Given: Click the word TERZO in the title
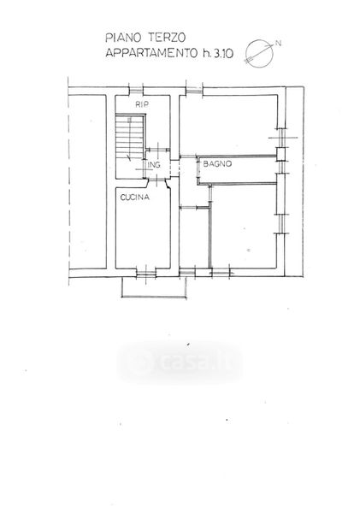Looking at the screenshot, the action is [167, 38].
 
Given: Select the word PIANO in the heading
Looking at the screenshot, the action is [123, 38].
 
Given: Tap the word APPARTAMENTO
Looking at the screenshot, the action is [151, 53].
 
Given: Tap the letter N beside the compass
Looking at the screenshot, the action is [279, 44].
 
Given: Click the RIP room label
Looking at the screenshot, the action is [142, 104].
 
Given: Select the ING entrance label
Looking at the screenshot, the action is [154, 165].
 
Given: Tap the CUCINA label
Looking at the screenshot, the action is [135, 198].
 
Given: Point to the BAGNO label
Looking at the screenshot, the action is [217, 164].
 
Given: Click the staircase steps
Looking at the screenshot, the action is [130, 137].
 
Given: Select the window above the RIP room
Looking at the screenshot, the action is [136, 91].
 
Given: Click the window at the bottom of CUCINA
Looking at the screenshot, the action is [146, 272].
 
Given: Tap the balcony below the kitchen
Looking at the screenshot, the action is [154, 297].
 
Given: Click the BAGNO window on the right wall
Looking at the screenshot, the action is [280, 168].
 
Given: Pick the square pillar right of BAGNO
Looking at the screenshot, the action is [281, 155].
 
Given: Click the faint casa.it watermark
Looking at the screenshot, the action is [180, 362].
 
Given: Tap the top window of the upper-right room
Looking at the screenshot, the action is [194, 91].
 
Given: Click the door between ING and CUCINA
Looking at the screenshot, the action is [158, 181].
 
